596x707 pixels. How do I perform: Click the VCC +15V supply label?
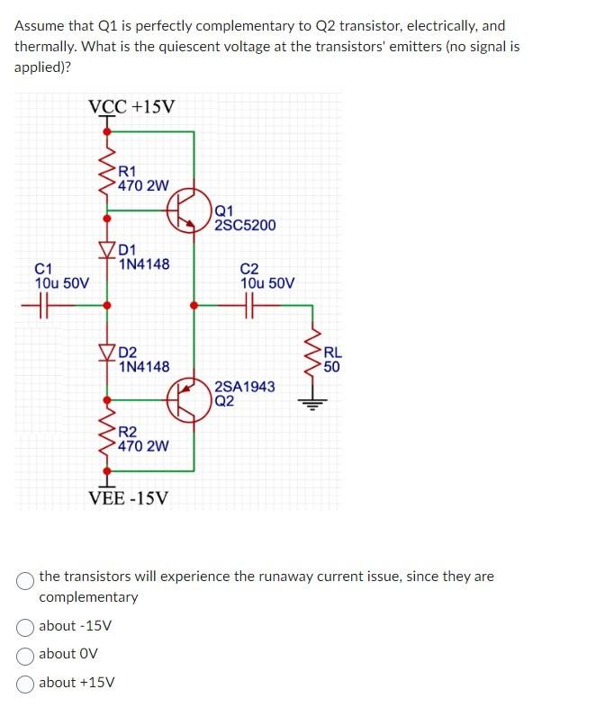pyautogui.click(x=132, y=107)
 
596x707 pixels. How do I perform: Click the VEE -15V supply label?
pyautogui.click(x=128, y=497)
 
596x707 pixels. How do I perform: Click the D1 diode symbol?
pyautogui.click(x=107, y=249)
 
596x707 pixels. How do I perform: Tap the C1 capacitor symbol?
pyautogui.click(x=39, y=305)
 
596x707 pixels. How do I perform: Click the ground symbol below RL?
pyautogui.click(x=314, y=402)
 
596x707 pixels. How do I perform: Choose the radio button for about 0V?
pyautogui.click(x=26, y=654)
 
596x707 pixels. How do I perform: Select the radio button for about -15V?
pyautogui.click(x=26, y=626)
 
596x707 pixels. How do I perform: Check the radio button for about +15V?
pyautogui.click(x=26, y=682)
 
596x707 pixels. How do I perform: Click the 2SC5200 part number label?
pyautogui.click(x=245, y=225)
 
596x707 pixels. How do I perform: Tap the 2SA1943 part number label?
pyautogui.click(x=245, y=386)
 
